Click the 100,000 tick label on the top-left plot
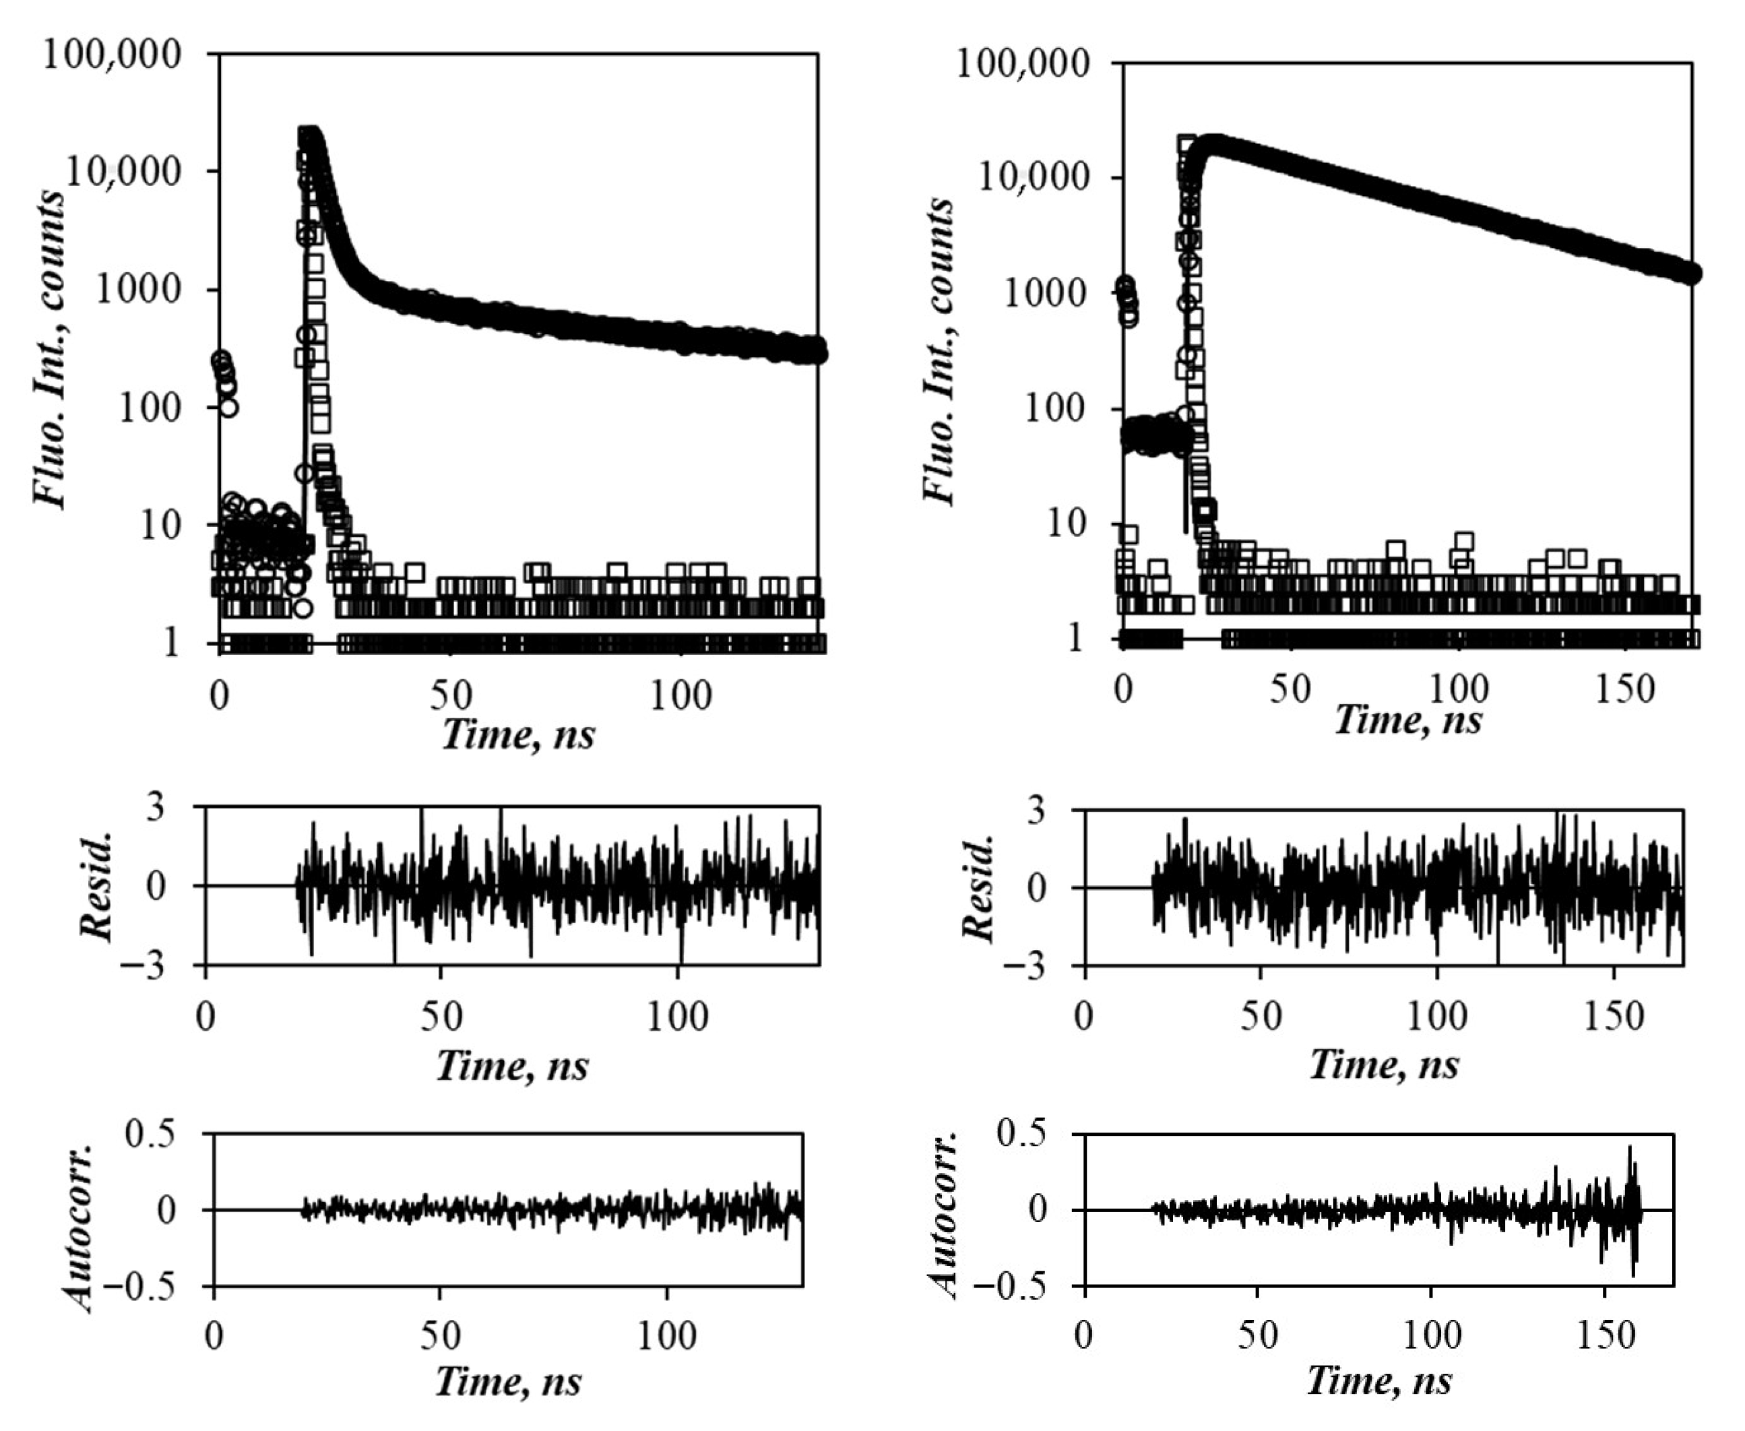point(111,56)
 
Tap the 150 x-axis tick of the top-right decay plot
point(1624,689)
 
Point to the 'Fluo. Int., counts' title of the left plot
point(49,350)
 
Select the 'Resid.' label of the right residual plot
point(979,888)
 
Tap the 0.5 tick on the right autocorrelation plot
point(1021,1135)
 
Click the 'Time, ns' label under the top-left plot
point(517,734)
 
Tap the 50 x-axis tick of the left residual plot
point(441,1017)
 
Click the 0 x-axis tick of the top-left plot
point(219,697)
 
